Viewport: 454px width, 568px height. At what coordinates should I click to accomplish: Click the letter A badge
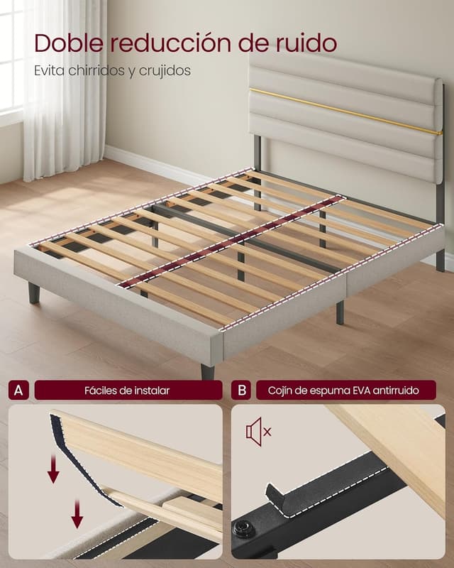pyautogui.click(x=18, y=390)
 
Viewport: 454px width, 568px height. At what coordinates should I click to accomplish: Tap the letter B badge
pyautogui.click(x=241, y=390)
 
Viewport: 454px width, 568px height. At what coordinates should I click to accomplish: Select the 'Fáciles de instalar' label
pyautogui.click(x=127, y=390)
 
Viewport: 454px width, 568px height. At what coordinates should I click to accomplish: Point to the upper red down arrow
pyautogui.click(x=54, y=469)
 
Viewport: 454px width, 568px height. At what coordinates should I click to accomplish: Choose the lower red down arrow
pyautogui.click(x=77, y=513)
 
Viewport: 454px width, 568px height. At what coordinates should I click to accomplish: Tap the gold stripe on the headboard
pyautogui.click(x=345, y=111)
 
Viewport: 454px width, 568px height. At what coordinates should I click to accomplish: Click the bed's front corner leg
pyautogui.click(x=207, y=371)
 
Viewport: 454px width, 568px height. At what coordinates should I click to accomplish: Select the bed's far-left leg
pyautogui.click(x=34, y=293)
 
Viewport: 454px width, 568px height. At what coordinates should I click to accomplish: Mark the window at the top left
pyautogui.click(x=10, y=58)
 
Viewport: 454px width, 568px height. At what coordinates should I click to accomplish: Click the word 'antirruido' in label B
pyautogui.click(x=397, y=390)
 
